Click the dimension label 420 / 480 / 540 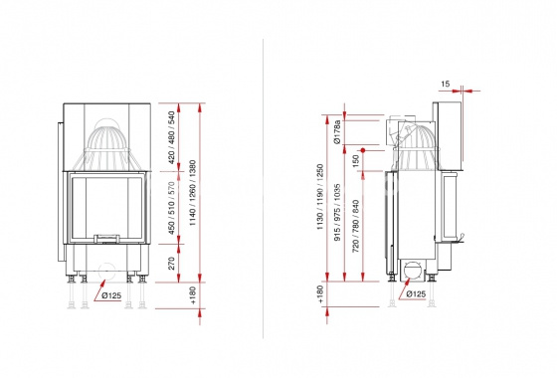coord(171,137)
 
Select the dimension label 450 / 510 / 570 coord(171,208)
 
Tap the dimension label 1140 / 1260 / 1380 coord(193,193)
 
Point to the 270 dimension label coord(171,264)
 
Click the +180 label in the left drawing coord(193,295)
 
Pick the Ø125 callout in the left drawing coord(111,295)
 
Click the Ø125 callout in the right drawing coord(416,293)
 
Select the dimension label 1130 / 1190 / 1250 coord(320,197)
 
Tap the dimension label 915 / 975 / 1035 coord(337,212)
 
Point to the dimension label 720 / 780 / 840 coord(356,226)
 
